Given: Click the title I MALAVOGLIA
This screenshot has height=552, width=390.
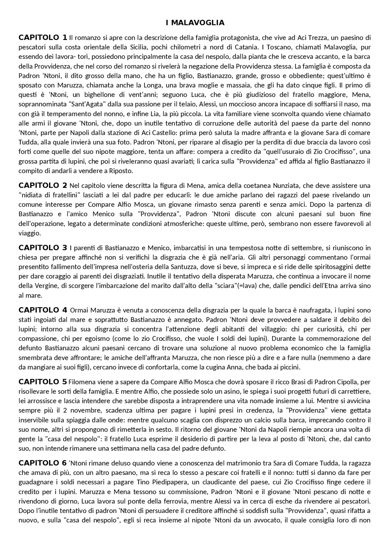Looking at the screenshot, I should [195, 23].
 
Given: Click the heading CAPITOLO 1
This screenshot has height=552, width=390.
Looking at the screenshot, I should [43, 37].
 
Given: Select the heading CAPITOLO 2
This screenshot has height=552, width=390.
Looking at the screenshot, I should [43, 185].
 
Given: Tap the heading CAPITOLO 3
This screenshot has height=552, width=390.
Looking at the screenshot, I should [43, 248].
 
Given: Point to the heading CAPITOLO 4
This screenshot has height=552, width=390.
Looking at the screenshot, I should [43, 310].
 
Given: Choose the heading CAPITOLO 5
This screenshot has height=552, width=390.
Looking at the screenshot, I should [43, 382].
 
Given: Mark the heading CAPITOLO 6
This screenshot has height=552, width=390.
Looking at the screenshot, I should [43, 463].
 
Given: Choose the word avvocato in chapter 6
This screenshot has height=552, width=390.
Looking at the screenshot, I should [267, 520].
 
